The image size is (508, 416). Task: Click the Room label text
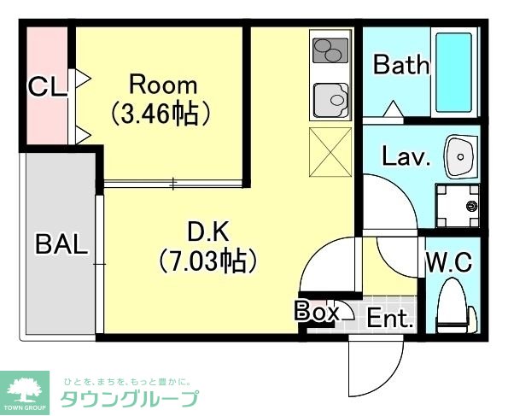162,85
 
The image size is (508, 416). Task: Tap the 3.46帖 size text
162,113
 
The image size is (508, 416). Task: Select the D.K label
207,231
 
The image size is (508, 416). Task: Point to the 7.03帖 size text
208,260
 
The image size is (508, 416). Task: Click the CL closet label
47,86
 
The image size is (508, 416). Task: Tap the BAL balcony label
61,244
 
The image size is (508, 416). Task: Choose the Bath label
400,65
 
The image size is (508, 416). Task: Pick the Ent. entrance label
390,319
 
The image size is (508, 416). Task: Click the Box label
318,312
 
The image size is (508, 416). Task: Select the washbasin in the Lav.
462,156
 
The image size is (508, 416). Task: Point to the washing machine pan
459,205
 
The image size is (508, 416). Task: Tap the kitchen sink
331,101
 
